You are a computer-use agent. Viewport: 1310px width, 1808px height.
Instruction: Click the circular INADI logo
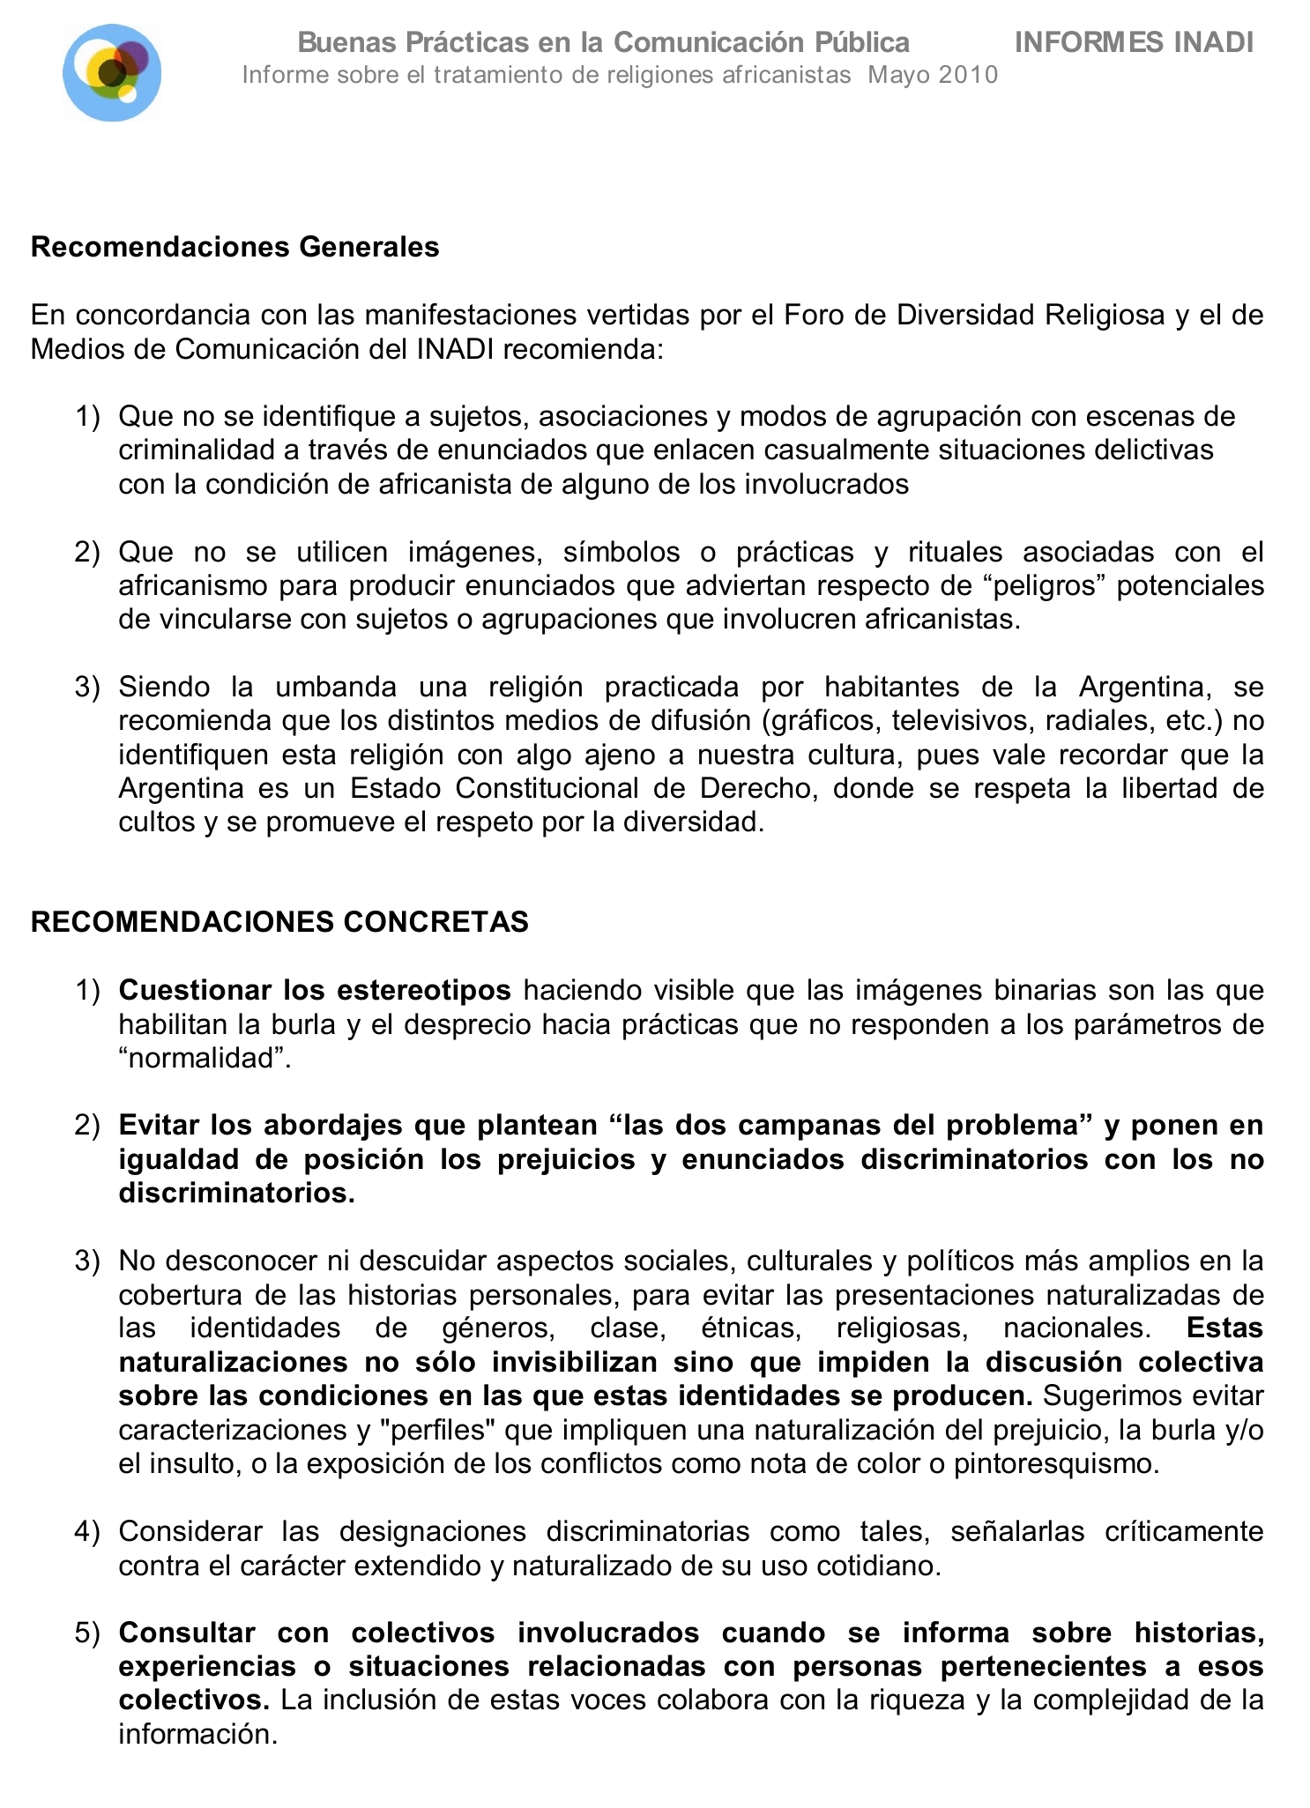click(x=112, y=72)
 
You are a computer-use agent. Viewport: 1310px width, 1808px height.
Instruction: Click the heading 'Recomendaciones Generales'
click(x=234, y=247)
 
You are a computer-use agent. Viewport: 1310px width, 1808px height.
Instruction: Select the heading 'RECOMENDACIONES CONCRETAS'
click(x=279, y=922)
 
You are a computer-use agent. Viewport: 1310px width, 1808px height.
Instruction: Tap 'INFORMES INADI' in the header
click(x=1134, y=42)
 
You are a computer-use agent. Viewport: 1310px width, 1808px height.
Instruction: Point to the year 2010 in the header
click(x=967, y=75)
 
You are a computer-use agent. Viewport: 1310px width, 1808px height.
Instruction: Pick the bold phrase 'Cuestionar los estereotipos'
click(x=315, y=991)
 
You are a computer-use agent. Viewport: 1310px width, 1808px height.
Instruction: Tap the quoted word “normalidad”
click(x=205, y=1058)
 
